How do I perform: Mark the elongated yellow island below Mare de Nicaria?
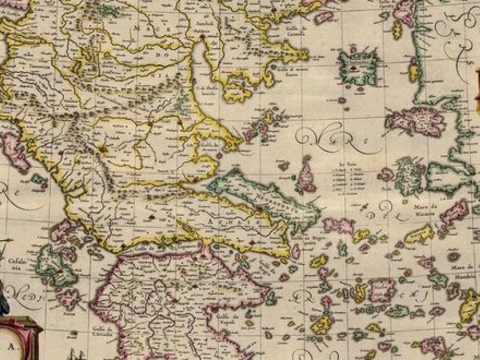click(x=419, y=234)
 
